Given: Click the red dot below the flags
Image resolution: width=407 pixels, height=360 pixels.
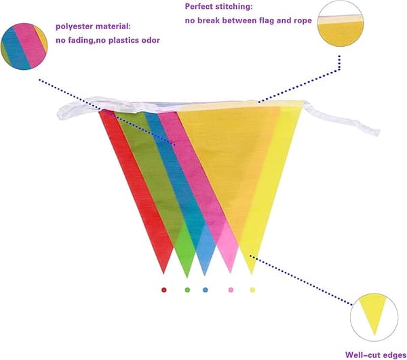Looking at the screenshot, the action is coord(163,289).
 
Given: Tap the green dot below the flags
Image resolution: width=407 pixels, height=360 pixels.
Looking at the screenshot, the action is coord(187,289).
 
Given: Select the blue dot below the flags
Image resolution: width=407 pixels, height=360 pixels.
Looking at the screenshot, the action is coord(206,289).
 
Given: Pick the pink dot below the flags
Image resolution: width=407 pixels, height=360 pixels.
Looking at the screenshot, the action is coord(231,289).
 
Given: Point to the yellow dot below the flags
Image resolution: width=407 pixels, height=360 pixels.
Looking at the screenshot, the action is coord(252,289).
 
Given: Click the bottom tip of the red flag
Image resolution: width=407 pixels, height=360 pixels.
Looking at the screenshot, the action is coord(163,273).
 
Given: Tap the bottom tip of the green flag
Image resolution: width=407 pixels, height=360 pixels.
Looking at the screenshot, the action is coord(187,277).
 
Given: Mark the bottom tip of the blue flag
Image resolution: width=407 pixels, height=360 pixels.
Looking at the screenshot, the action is coord(205,275).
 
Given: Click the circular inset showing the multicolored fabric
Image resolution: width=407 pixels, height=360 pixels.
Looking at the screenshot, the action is coord(24,46).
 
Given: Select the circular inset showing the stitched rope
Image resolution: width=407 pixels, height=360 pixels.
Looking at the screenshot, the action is coord(341,24).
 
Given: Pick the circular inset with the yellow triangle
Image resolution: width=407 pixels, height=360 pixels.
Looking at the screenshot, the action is coord(374,317).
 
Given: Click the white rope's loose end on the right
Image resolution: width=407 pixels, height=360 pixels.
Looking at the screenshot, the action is coord(376,132).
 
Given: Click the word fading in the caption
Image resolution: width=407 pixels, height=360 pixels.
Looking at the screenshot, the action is coord(81,41).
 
